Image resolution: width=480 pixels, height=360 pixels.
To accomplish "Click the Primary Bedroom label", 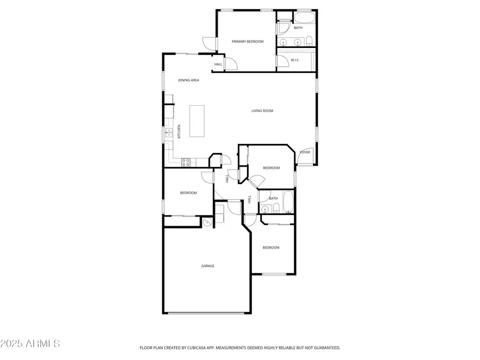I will click(247, 41).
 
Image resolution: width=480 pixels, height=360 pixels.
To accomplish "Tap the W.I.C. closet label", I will click(295, 60).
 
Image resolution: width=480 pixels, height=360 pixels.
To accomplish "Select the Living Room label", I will click(262, 111).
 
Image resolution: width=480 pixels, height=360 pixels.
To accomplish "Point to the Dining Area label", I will click(189, 80).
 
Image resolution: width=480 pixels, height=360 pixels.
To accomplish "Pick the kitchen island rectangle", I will click(197, 120).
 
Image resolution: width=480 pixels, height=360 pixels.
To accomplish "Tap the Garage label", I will click(207, 266).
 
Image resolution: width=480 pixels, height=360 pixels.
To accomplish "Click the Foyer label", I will click(305, 152).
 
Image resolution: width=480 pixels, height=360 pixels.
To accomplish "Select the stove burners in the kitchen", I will click(186, 162).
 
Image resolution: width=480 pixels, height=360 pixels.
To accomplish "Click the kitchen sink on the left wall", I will click(167, 133).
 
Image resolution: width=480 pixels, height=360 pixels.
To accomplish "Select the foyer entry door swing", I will click(303, 159).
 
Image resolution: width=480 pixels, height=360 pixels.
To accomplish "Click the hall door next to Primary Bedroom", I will click(230, 63).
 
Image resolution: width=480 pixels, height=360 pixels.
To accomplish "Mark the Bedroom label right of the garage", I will click(270, 247).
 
